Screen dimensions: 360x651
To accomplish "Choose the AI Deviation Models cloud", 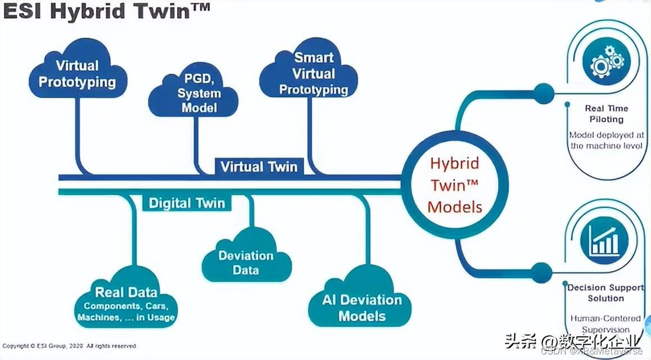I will pyautogui.click(x=361, y=304).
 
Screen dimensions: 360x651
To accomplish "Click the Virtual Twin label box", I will pyautogui.click(x=259, y=166).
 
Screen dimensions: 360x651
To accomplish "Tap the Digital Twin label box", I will pyautogui.click(x=187, y=202).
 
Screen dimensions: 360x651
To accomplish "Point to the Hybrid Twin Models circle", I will pyautogui.click(x=455, y=185).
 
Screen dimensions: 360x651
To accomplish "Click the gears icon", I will pyautogui.click(x=606, y=60).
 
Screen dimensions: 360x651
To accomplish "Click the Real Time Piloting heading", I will pyautogui.click(x=606, y=114).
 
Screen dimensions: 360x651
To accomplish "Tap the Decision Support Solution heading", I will pyautogui.click(x=605, y=292).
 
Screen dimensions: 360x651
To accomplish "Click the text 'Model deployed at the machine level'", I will pyautogui.click(x=606, y=140).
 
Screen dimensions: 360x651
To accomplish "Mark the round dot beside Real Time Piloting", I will pyautogui.click(x=544, y=91).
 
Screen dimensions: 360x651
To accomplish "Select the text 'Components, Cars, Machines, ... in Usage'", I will pyautogui.click(x=126, y=312).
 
